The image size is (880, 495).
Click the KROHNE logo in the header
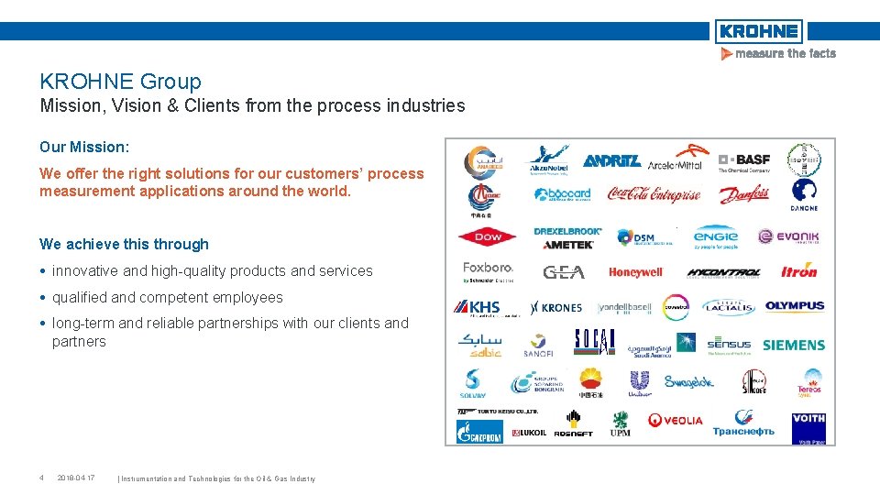tap(758, 31)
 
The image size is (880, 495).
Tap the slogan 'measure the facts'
tap(779, 54)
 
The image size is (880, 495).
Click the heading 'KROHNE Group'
tap(120, 82)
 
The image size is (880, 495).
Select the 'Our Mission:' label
tap(84, 147)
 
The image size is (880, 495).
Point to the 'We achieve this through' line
tap(124, 244)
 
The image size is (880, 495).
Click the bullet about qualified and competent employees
tap(168, 297)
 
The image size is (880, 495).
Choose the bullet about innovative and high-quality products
tap(212, 270)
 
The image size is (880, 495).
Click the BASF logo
tap(744, 161)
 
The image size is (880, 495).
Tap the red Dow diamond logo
tap(488, 236)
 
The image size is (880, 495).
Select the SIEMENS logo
tap(794, 345)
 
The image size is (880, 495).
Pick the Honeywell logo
tap(635, 272)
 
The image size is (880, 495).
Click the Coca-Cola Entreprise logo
tap(654, 194)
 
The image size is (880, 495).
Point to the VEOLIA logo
tap(676, 421)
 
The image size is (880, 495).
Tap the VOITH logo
tap(808, 423)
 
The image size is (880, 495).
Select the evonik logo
tap(788, 237)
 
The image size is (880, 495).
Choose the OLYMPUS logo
tap(795, 306)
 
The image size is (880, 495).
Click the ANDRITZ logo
tap(611, 161)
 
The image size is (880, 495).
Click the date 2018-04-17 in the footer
tap(76, 478)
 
